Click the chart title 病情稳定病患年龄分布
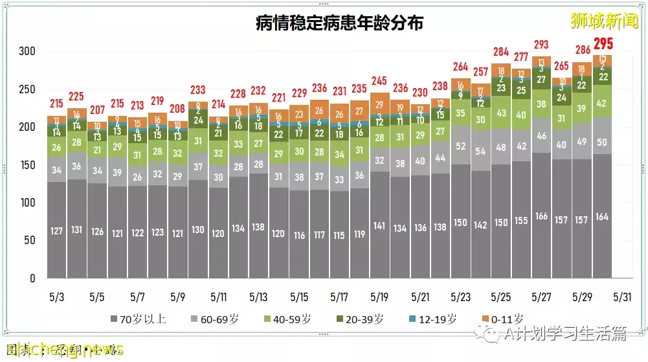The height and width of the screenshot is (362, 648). [339, 24]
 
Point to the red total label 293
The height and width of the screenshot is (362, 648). [542, 45]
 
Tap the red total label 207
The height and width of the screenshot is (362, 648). [97, 110]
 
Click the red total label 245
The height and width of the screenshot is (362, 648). [381, 82]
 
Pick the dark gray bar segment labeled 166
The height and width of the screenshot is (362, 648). [542, 216]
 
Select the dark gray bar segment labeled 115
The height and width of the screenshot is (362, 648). [340, 236]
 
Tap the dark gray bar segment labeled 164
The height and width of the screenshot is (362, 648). [603, 217]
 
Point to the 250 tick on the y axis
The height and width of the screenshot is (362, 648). [27, 89]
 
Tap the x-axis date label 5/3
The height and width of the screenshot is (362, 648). [56, 297]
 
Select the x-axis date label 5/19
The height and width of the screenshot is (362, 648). [381, 297]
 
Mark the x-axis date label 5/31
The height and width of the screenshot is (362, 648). [621, 297]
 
